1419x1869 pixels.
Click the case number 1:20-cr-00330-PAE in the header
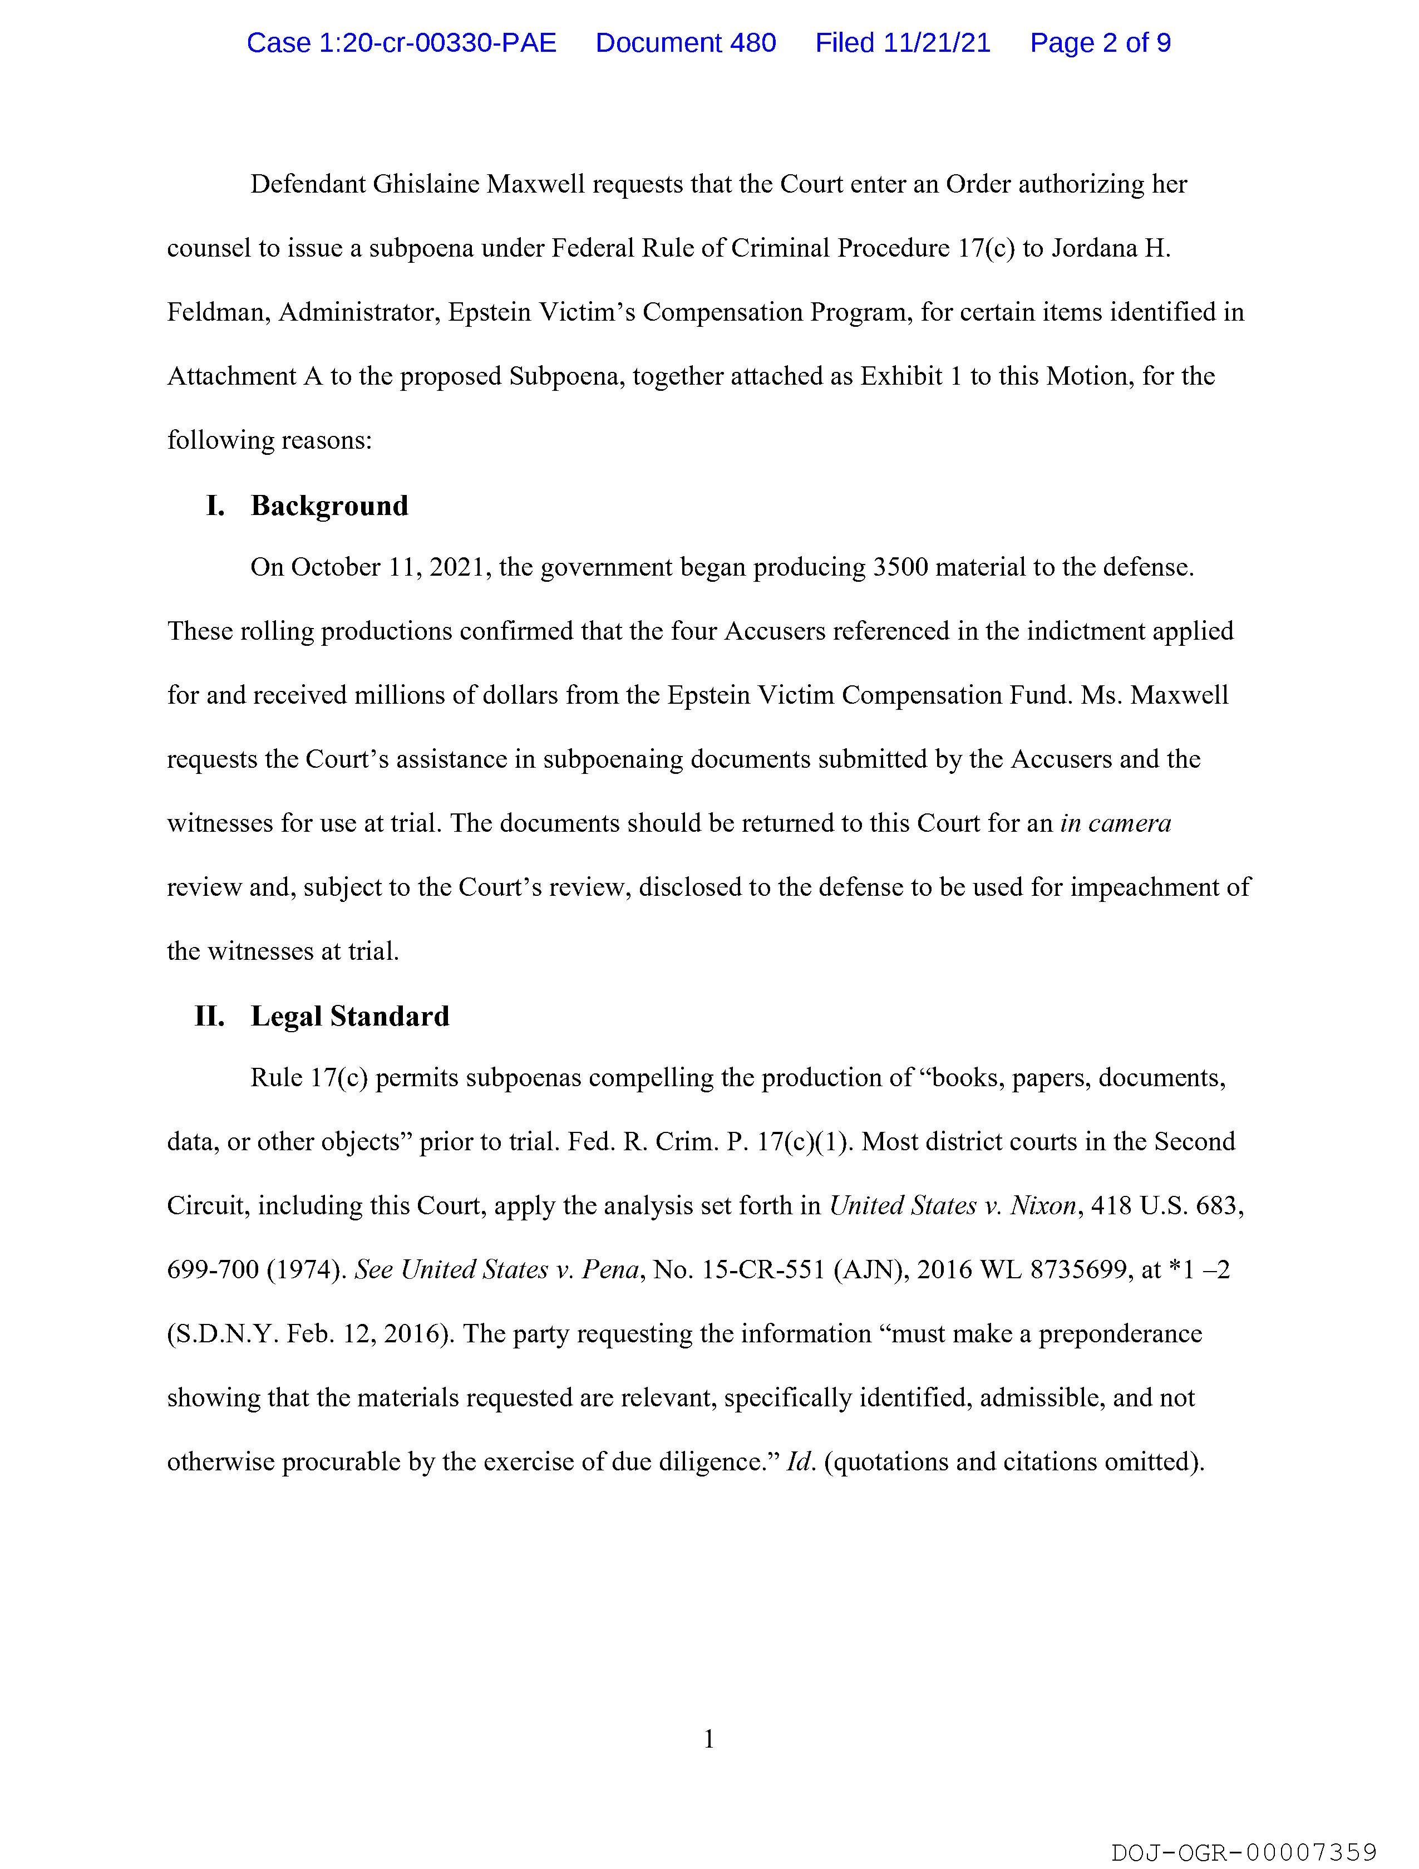pyautogui.click(x=401, y=43)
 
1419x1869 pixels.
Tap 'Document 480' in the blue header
pyautogui.click(x=685, y=43)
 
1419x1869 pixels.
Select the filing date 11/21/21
pyautogui.click(x=937, y=43)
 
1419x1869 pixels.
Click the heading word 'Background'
pyautogui.click(x=329, y=506)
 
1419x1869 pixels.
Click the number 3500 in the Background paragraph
pyautogui.click(x=900, y=567)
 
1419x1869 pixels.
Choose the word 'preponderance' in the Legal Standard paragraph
pyautogui.click(x=1120, y=1334)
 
